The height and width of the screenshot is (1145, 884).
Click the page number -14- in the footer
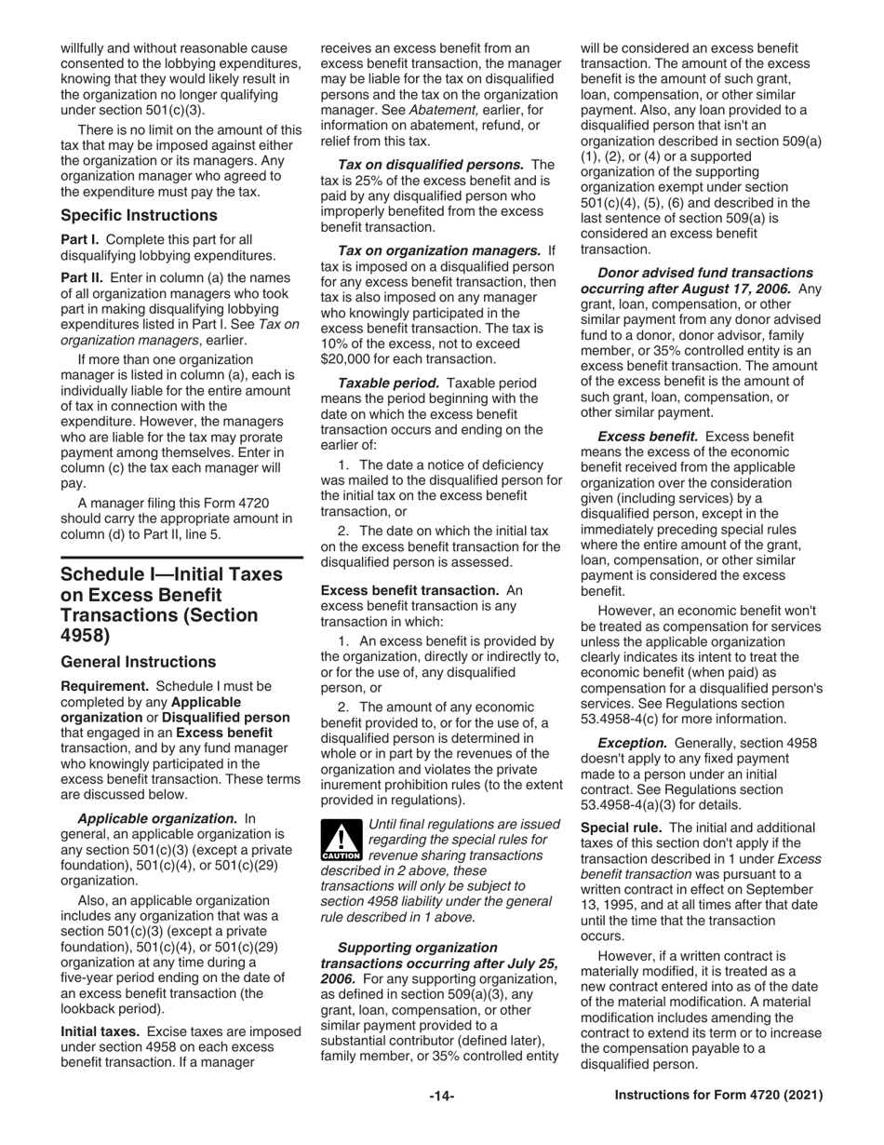[441, 1097]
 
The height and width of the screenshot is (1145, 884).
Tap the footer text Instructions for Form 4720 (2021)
[718, 1097]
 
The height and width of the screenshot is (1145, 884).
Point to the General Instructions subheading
[138, 662]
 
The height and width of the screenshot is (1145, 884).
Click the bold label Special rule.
[621, 828]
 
